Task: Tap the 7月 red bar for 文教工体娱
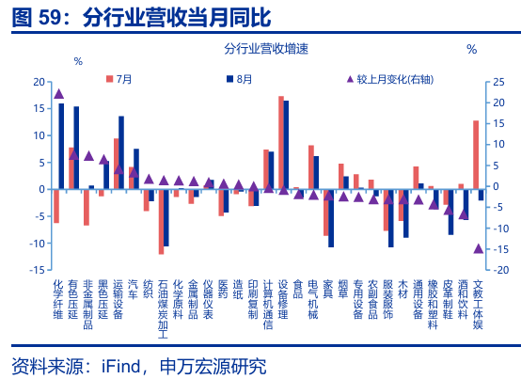(476, 154)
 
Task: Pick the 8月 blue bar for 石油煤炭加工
(166, 217)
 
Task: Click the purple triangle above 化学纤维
(59, 93)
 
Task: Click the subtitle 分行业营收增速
(268, 49)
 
